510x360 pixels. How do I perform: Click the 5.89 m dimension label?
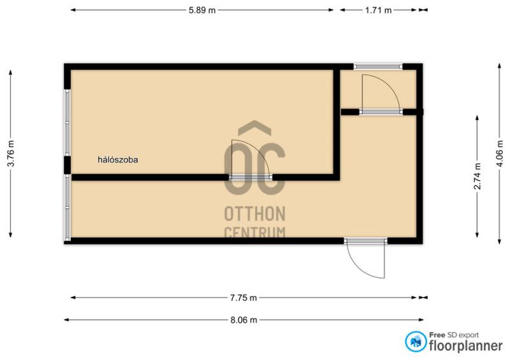pyautogui.click(x=202, y=10)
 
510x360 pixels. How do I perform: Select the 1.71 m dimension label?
pyautogui.click(x=378, y=10)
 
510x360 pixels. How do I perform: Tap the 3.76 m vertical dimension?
pyautogui.click(x=11, y=154)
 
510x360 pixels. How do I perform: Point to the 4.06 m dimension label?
pyautogui.click(x=500, y=154)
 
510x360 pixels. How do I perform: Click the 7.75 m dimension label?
pyautogui.click(x=244, y=298)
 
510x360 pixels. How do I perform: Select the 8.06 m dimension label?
pyautogui.click(x=244, y=320)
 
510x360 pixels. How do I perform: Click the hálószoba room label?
pyautogui.click(x=118, y=160)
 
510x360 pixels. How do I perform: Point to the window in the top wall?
pyautogui.click(x=378, y=66)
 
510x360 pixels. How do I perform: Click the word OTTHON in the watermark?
pyautogui.click(x=254, y=213)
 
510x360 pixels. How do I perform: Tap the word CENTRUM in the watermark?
pyautogui.click(x=254, y=232)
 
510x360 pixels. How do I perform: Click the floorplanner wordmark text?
pyautogui.click(x=466, y=345)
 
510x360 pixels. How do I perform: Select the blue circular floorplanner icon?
pyautogui.click(x=416, y=342)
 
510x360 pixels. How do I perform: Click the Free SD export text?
pyautogui.click(x=454, y=335)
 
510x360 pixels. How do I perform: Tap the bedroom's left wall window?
pyautogui.click(x=68, y=122)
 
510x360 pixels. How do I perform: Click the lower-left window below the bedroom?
pyautogui.click(x=68, y=208)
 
